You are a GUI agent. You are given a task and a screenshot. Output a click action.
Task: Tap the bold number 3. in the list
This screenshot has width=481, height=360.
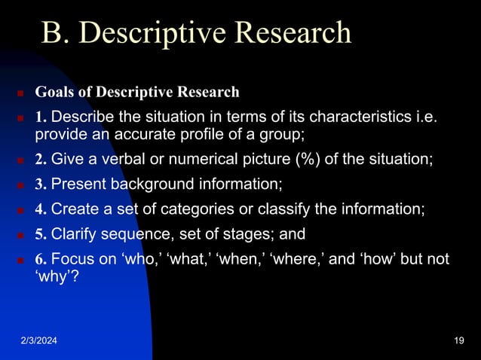click(41, 185)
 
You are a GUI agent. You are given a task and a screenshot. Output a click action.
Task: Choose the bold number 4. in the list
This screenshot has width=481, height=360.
click(41, 209)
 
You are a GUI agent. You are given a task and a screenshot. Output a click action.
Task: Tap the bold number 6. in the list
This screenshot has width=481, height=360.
click(41, 259)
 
